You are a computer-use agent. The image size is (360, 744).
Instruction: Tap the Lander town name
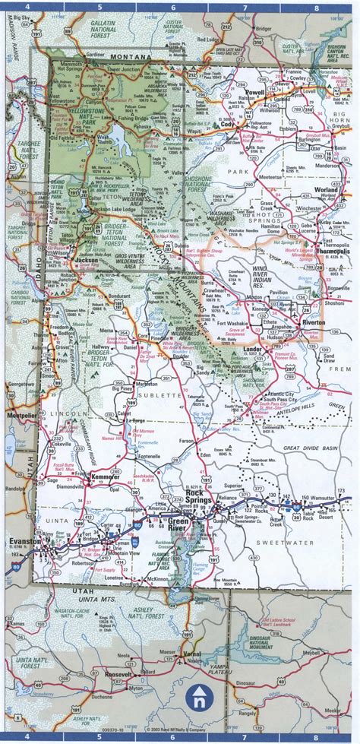point(252,348)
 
